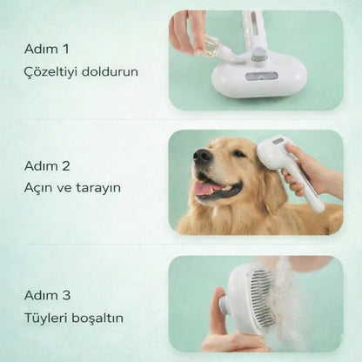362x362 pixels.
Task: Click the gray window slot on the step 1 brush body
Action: tap(260, 76)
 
